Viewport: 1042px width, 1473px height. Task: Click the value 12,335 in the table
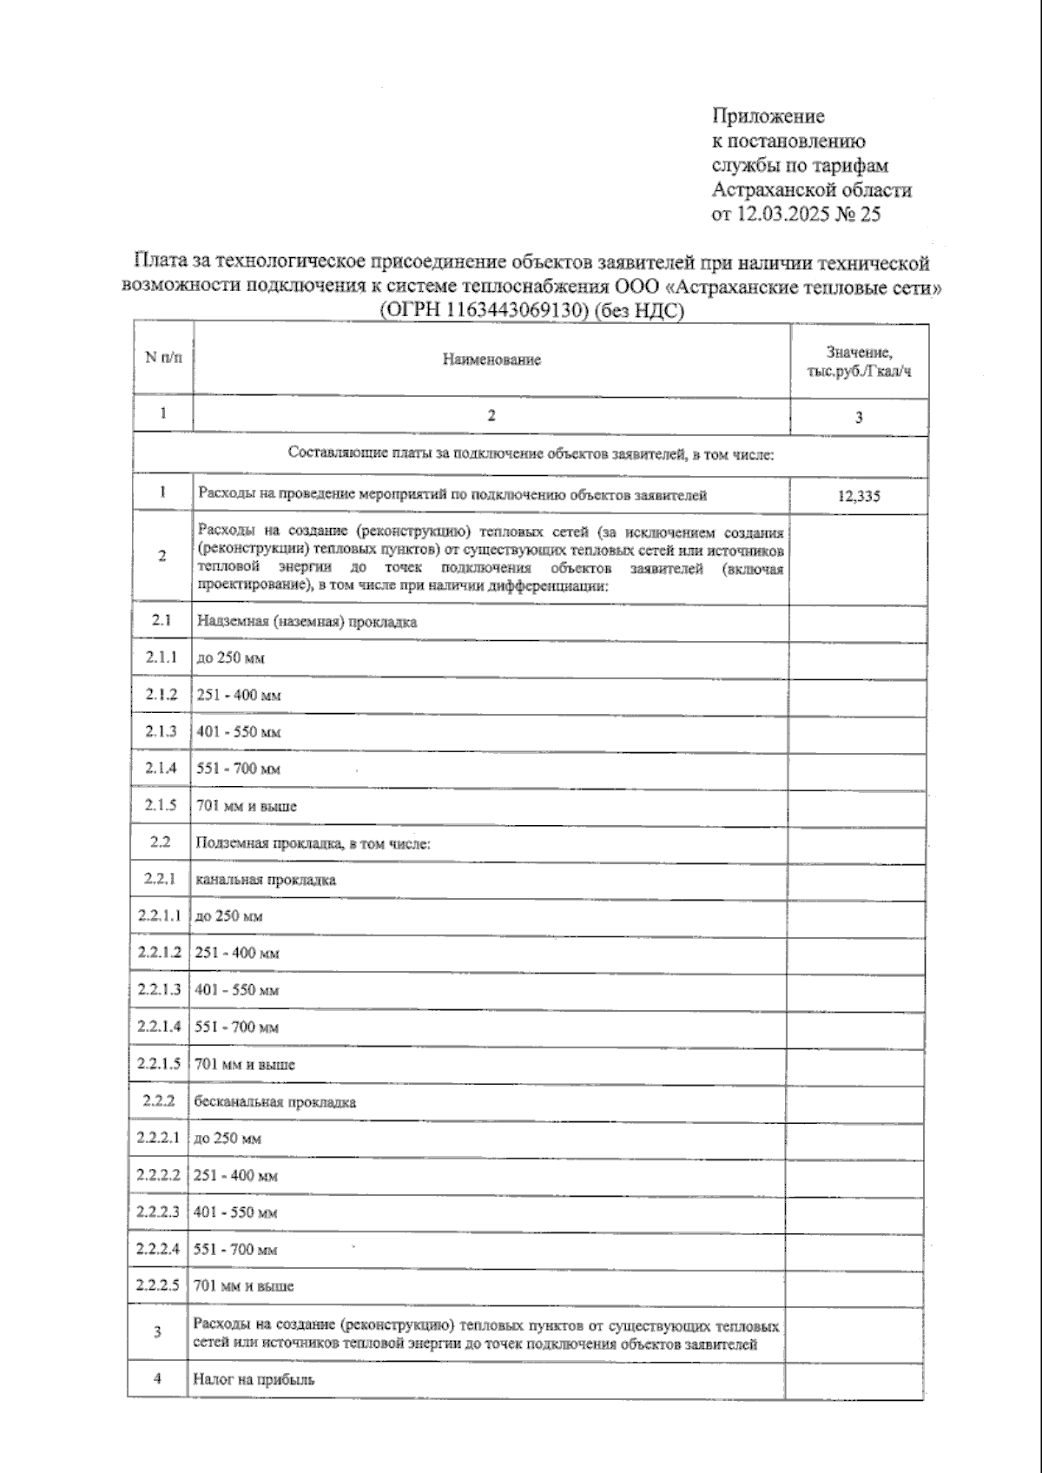[859, 496]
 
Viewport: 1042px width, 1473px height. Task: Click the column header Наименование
[491, 360]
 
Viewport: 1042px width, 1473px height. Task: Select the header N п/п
[163, 358]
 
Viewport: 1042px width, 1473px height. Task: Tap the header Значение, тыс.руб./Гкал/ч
[859, 361]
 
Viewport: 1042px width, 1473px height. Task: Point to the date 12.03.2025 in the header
[785, 215]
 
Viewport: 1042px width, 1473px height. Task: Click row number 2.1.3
[162, 731]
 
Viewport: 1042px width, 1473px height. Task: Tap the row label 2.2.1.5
[159, 1063]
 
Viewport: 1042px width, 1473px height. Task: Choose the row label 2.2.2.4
[158, 1248]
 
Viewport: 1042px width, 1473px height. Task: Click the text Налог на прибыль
[254, 1378]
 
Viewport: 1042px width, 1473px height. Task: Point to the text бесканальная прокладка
[275, 1101]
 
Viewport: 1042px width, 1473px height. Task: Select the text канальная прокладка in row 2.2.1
[266, 879]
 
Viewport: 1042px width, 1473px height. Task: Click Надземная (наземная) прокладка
[307, 621]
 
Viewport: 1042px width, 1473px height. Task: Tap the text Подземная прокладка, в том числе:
[313, 842]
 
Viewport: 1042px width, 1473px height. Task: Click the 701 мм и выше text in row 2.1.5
[247, 805]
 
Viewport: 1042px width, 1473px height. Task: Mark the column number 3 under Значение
[859, 417]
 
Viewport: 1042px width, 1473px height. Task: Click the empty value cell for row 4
[854, 1378]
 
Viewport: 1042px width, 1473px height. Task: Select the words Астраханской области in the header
[811, 189]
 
